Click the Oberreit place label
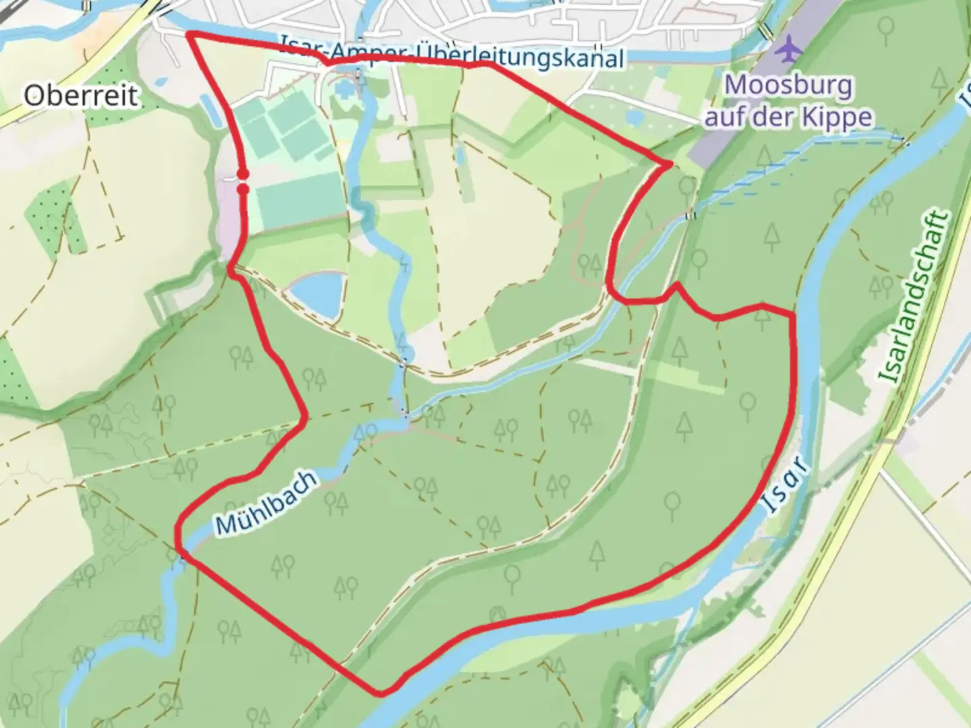click(x=81, y=96)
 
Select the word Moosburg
click(x=788, y=86)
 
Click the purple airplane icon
click(x=788, y=49)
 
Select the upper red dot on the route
click(x=243, y=175)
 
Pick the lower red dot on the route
click(x=243, y=189)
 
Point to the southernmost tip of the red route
click(x=381, y=693)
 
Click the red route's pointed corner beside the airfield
click(x=670, y=164)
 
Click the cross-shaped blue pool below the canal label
click(x=343, y=87)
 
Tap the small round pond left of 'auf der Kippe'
click(x=635, y=118)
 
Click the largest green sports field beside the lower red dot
click(x=297, y=198)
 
